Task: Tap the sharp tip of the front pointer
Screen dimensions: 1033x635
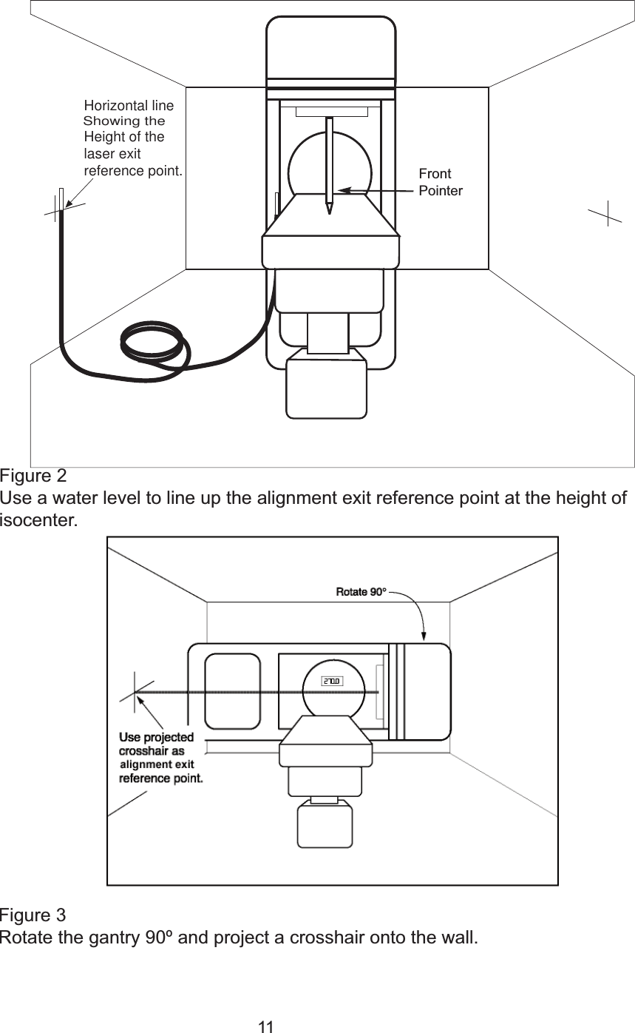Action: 329,212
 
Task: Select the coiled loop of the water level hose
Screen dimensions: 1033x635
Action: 153,342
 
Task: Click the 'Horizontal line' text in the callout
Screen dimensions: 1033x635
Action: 129,106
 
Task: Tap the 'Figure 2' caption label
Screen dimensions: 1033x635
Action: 33,474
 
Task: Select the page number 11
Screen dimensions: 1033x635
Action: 266,1026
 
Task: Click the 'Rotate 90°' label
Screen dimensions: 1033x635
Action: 361,592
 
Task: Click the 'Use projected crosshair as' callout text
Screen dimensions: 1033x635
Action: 157,744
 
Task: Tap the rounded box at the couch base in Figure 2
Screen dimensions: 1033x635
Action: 326,384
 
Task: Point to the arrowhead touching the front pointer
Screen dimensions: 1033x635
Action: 342,191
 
